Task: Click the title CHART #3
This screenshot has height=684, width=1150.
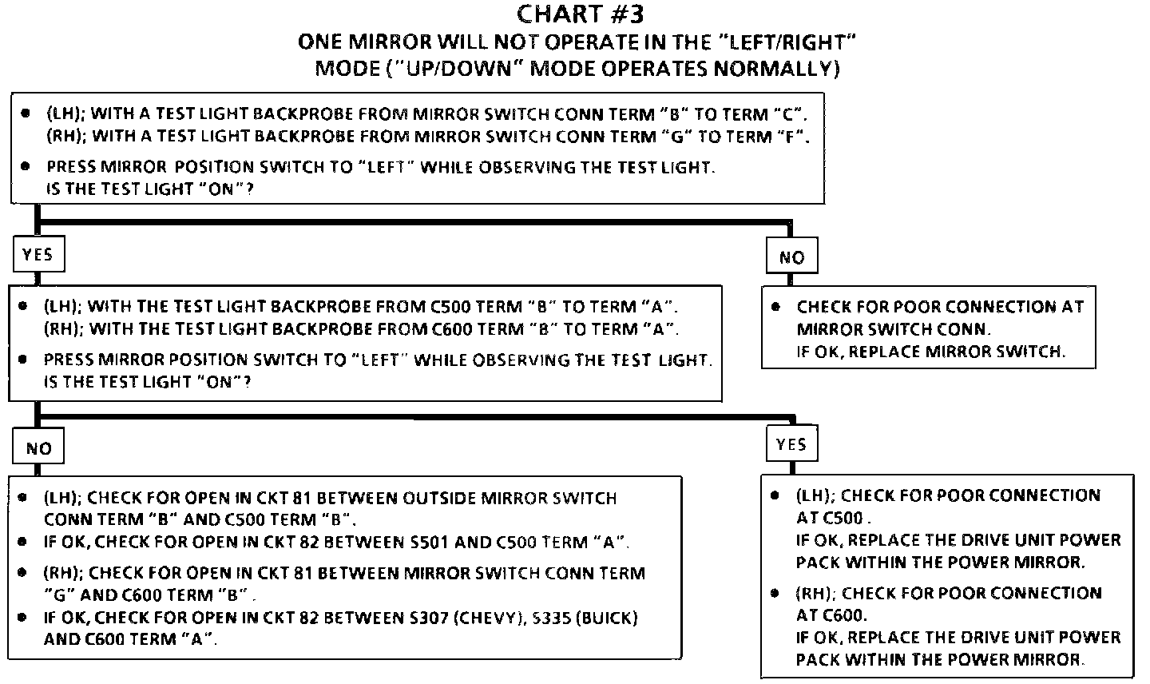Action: pyautogui.click(x=580, y=14)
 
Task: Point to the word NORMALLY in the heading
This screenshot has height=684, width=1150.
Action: pyautogui.click(x=775, y=68)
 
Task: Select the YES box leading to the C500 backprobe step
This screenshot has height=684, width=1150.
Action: pyautogui.click(x=38, y=254)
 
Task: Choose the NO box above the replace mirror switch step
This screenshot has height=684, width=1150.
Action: pyautogui.click(x=791, y=256)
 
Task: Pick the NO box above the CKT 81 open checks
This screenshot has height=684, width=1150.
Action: pyautogui.click(x=38, y=448)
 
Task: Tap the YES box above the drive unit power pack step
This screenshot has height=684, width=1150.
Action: pyautogui.click(x=791, y=444)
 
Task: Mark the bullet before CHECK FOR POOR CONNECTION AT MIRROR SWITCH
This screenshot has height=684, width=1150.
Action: pyautogui.click(x=775, y=307)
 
